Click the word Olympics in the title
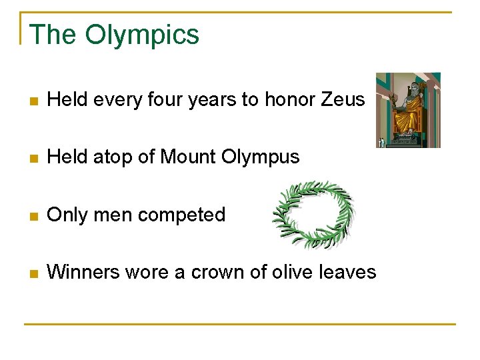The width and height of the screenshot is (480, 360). coord(142,35)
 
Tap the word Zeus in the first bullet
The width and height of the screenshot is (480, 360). coord(343,100)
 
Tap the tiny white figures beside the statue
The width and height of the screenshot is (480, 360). coord(381,141)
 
